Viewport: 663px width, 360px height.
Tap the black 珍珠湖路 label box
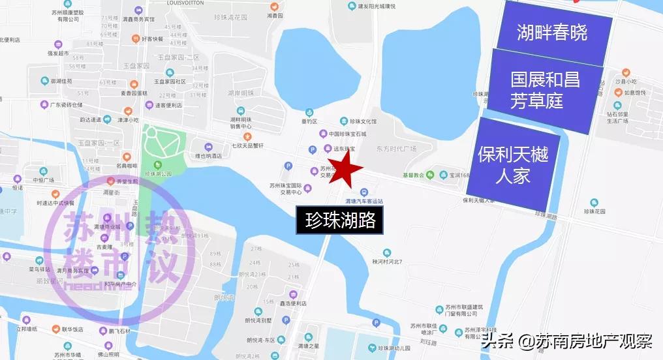[x=340, y=220]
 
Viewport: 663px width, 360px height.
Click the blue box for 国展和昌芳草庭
[x=546, y=91]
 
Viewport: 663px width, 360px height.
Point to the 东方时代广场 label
[x=395, y=149]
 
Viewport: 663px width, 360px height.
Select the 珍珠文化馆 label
[x=363, y=122]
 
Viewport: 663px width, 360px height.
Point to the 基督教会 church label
[x=413, y=175]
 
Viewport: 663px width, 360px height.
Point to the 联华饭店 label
[x=72, y=329]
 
